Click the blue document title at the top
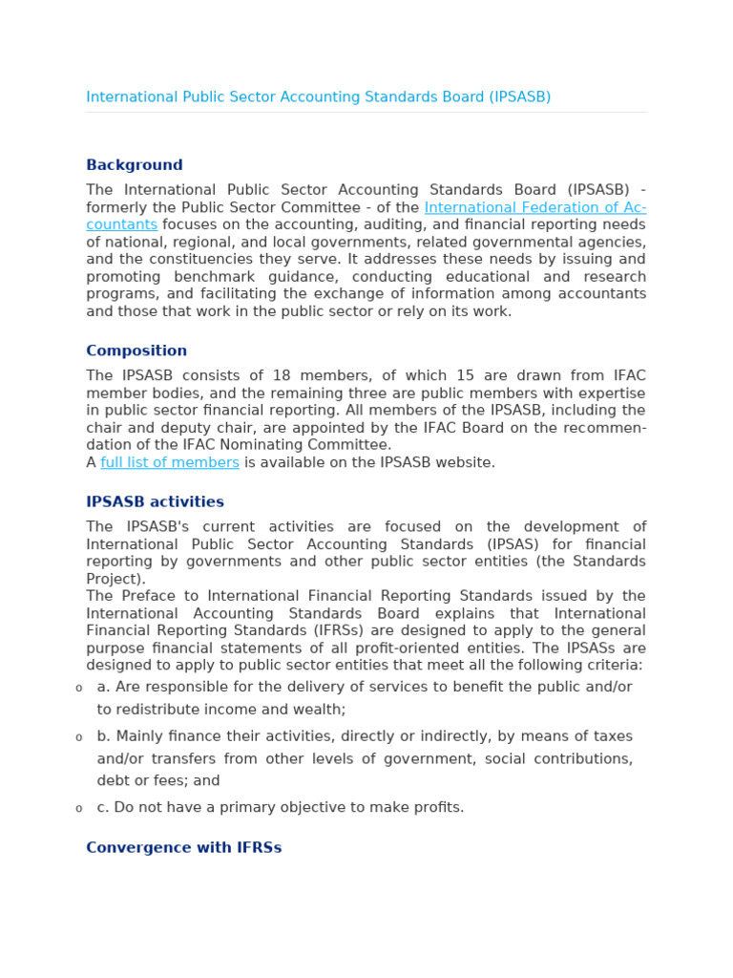pos(318,97)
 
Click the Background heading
pos(134,165)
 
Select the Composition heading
pos(136,351)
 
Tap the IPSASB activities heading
pos(155,501)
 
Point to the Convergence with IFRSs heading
pos(183,847)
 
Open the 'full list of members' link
pos(170,462)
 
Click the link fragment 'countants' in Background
pos(121,224)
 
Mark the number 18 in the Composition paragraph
pos(282,375)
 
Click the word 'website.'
pos(466,462)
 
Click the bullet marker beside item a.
pos(78,688)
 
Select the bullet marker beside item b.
pos(78,737)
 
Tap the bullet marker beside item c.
pos(78,808)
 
